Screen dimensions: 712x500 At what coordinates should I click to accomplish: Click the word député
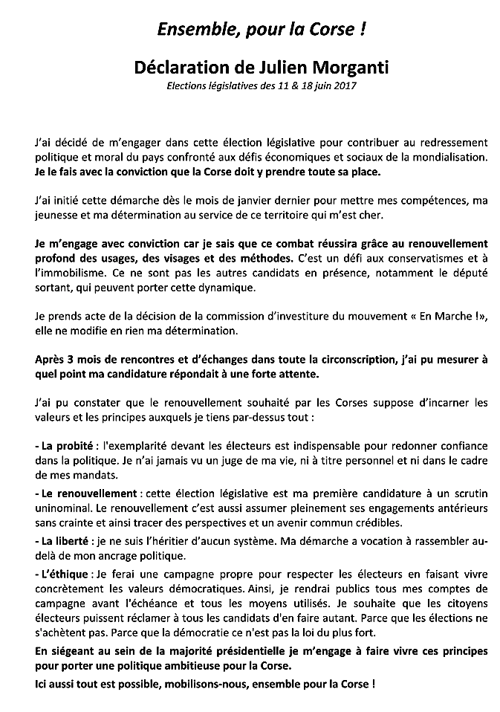click(x=469, y=275)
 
